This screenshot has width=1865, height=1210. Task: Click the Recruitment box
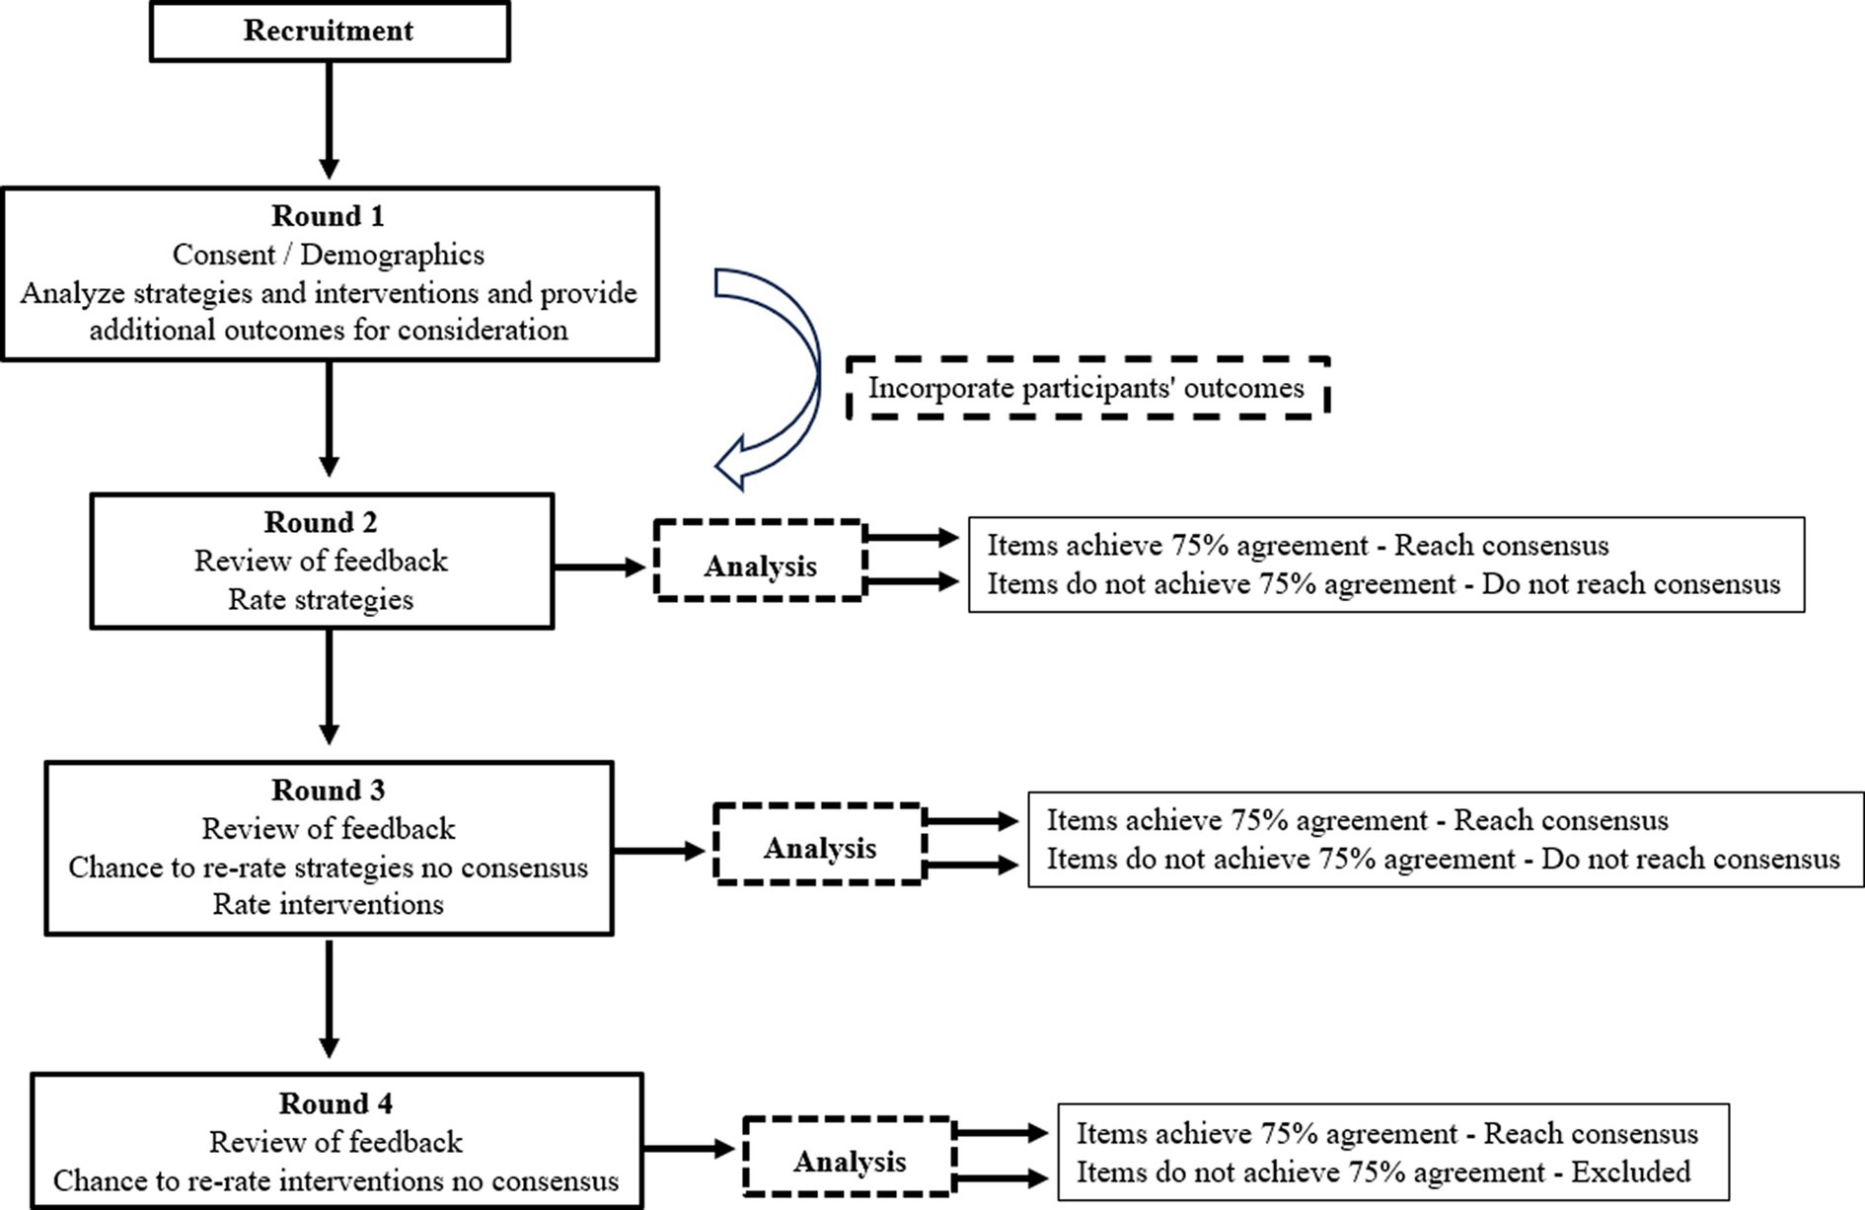coord(330,32)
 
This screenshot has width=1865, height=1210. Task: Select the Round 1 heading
coord(328,215)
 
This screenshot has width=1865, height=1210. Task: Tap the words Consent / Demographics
coord(329,255)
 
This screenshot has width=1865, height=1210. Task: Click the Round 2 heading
coord(321,521)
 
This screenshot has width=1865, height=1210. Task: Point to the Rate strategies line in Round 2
coord(321,599)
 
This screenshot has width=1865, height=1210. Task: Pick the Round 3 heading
coord(329,790)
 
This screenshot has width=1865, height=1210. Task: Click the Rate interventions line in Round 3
coord(329,904)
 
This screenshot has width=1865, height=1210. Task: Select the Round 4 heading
coord(336,1102)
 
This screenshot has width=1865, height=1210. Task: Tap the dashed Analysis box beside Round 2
coord(760,560)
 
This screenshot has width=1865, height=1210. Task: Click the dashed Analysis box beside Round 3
coord(820,843)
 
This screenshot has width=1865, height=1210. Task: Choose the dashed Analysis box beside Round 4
coord(850,1156)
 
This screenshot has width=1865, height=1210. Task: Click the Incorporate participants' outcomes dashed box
coord(1088,388)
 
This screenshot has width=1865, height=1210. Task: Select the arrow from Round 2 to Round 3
coord(330,687)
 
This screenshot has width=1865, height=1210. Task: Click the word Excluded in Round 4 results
coord(1630,1172)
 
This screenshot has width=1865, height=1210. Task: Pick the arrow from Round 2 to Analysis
coord(600,567)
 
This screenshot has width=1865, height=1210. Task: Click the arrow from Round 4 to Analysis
coord(690,1149)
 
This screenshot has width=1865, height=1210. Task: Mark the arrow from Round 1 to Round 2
coord(330,419)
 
